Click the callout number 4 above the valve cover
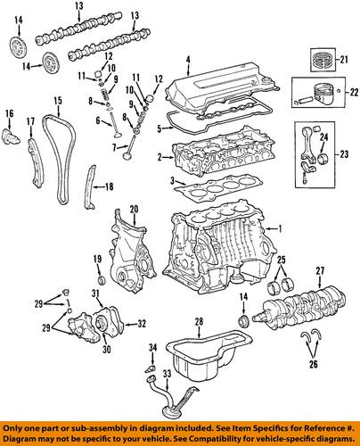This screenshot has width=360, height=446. click(x=188, y=61)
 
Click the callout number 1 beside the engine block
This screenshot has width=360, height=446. click(x=281, y=229)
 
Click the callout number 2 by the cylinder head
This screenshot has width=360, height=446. click(x=159, y=158)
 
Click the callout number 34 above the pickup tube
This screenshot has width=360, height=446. click(x=152, y=346)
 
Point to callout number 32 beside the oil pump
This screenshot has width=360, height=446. click(x=142, y=324)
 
